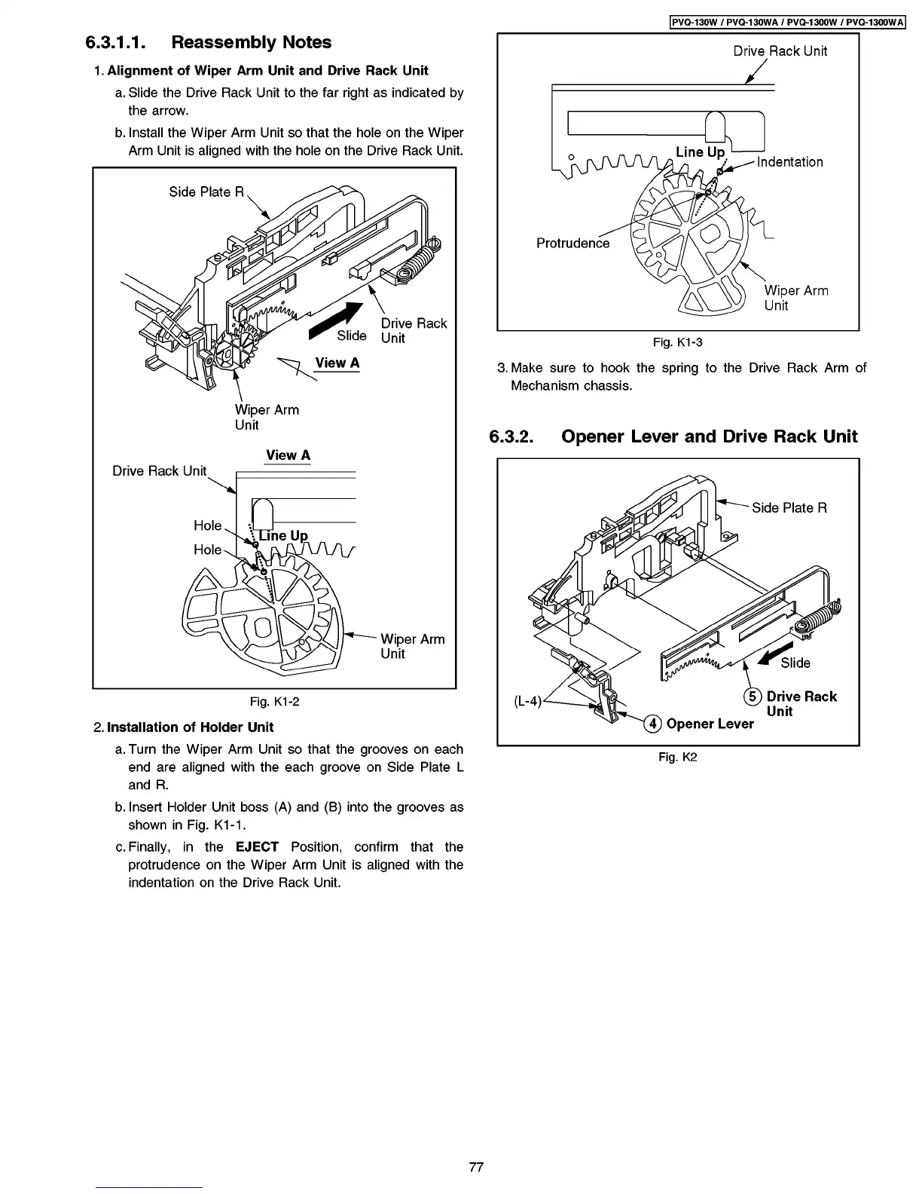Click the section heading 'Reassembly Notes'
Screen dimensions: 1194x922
click(x=251, y=42)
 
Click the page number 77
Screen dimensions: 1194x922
click(x=475, y=1167)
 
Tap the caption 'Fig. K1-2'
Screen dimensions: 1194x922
click(x=274, y=702)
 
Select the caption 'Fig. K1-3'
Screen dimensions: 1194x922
click(x=677, y=343)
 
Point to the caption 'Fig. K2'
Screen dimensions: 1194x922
click(x=677, y=757)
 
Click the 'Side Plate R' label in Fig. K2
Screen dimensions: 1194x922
click(x=789, y=508)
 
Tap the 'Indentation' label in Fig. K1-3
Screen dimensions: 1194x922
click(x=789, y=162)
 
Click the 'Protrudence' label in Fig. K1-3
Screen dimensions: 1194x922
click(x=572, y=243)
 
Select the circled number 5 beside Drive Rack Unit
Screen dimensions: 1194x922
click(x=752, y=696)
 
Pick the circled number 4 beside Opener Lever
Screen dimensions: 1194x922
click(x=652, y=724)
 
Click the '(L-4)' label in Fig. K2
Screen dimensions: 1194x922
click(x=528, y=701)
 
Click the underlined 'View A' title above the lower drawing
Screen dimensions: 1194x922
click(x=288, y=455)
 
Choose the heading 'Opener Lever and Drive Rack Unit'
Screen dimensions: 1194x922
click(x=709, y=436)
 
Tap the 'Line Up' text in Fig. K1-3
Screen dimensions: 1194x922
click(x=700, y=152)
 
